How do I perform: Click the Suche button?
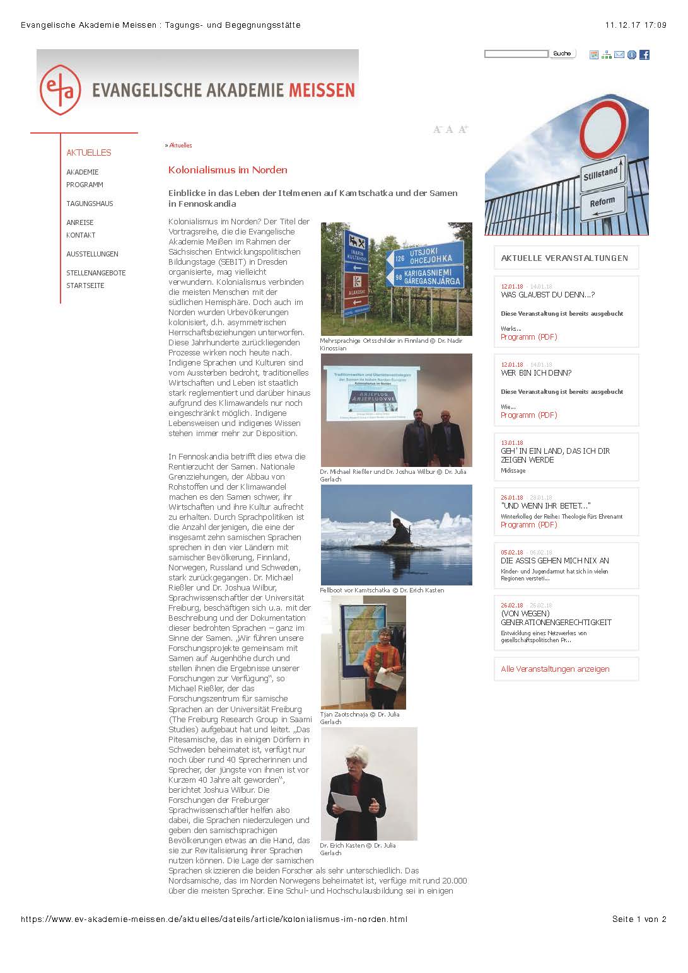pos(562,54)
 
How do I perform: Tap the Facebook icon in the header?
pos(644,55)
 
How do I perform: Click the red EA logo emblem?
pos(61,89)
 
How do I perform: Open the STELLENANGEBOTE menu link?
pos(96,273)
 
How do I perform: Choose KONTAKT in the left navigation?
pos(81,235)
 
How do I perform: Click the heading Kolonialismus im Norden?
pos(228,170)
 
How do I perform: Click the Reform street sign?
pos(602,202)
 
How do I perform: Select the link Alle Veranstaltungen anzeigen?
pos(555,669)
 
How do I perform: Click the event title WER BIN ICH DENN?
pos(536,373)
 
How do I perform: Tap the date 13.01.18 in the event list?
pos(511,443)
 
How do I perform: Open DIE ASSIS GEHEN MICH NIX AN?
pos(554,561)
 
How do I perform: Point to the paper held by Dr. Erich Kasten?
pos(346,801)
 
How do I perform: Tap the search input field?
pos(516,54)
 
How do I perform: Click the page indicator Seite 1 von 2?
pos(639,919)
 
